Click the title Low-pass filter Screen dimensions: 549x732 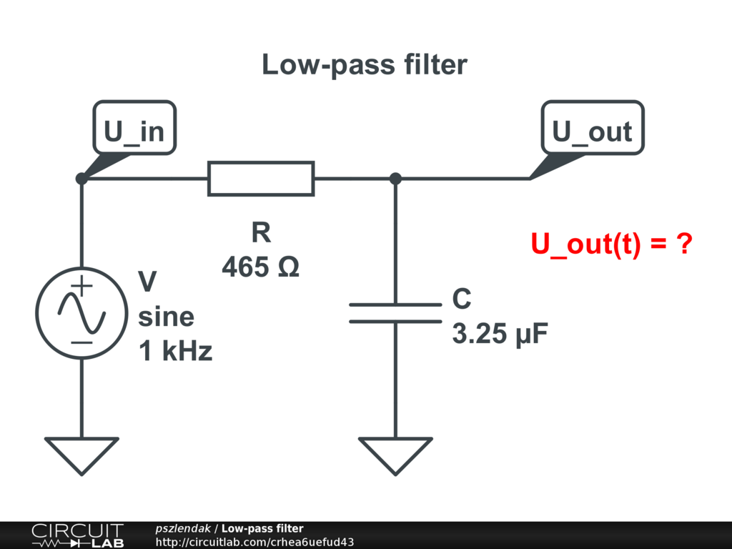click(365, 64)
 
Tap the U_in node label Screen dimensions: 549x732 click(134, 131)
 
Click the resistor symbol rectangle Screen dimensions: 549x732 click(261, 179)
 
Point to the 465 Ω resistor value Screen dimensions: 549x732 click(261, 267)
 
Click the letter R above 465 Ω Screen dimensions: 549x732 click(261, 233)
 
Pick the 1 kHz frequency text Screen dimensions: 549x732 click(175, 351)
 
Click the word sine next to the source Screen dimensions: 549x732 click(166, 317)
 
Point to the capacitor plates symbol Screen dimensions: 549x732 click(395, 313)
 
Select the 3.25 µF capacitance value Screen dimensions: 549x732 click(500, 334)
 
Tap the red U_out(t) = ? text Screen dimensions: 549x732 click(612, 244)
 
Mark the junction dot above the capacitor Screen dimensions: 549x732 click(395, 179)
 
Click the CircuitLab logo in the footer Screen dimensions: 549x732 click(77, 535)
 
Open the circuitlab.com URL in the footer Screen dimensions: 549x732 click(254, 542)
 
